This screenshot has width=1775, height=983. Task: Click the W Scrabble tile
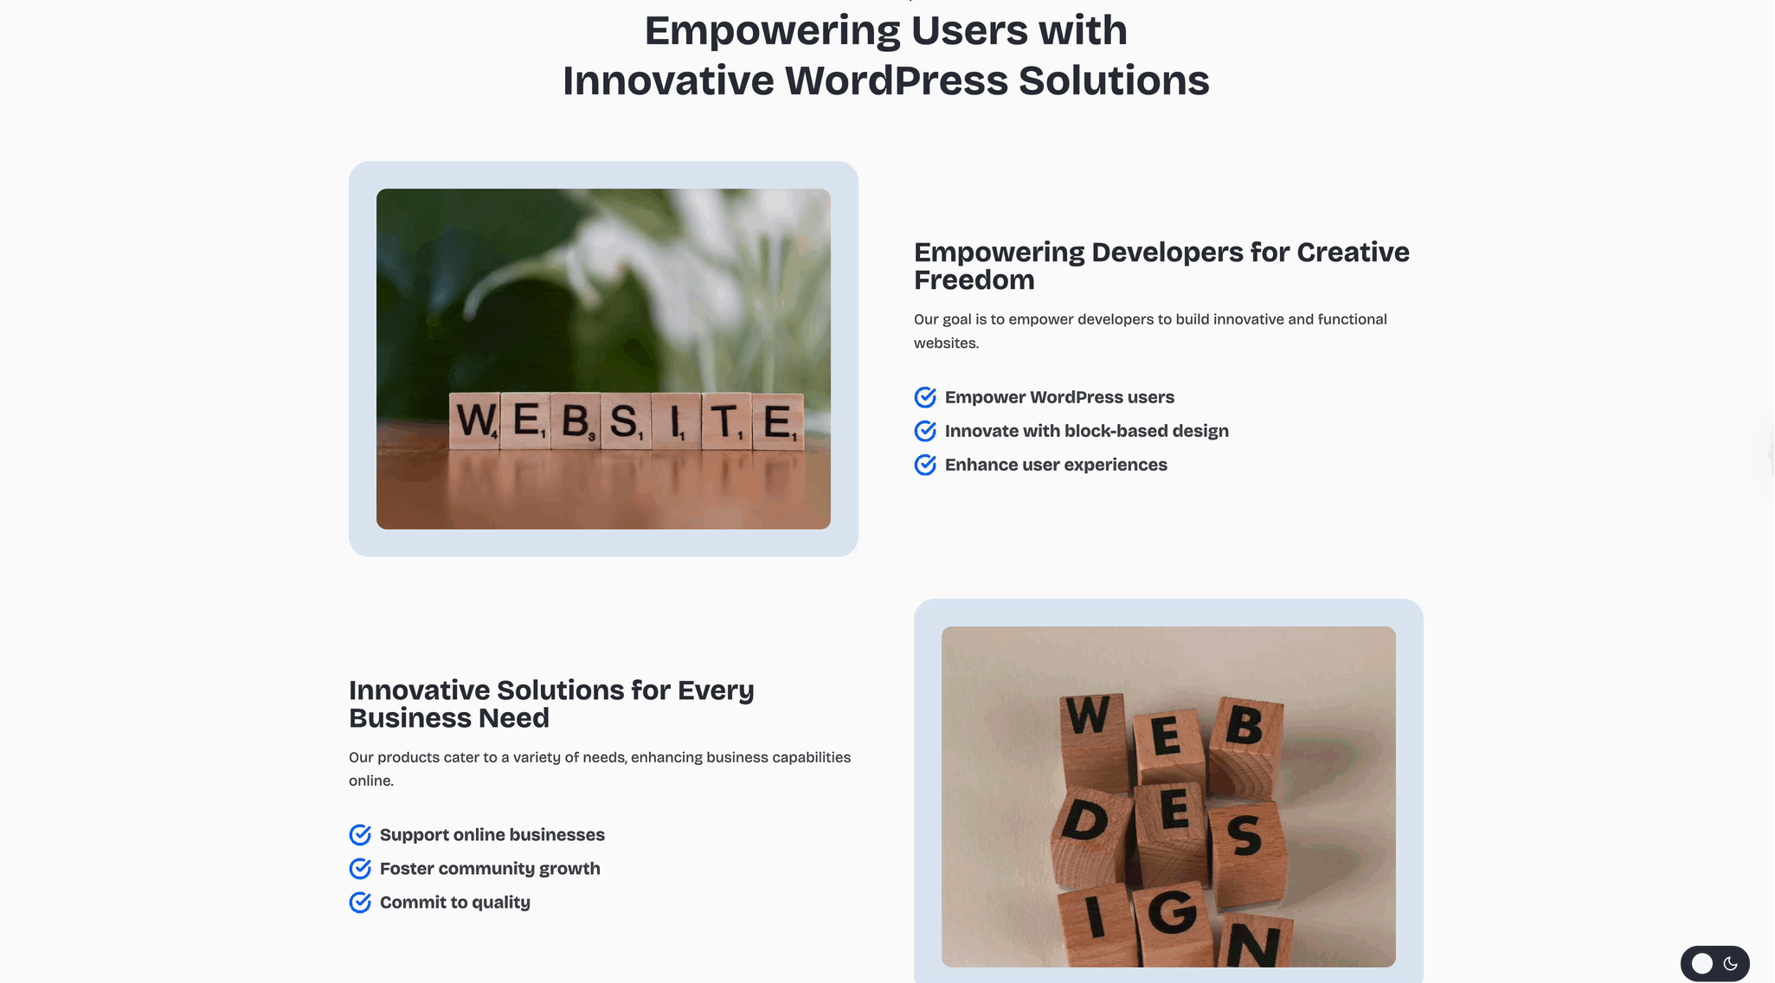tap(474, 421)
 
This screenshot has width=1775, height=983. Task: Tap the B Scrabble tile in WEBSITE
tap(576, 421)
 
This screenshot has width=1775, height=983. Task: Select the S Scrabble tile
tap(625, 422)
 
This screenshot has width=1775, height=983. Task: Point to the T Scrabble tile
tap(725, 422)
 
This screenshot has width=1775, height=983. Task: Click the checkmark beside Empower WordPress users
tap(925, 397)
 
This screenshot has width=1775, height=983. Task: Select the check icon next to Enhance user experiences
tap(925, 465)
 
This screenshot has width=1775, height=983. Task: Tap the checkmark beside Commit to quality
tap(360, 903)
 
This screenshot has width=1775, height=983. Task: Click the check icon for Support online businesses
tap(360, 835)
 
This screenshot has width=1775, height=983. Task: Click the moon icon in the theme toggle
tap(1731, 964)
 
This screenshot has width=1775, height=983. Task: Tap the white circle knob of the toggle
tap(1702, 964)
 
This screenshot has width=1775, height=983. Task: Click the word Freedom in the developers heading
tap(974, 280)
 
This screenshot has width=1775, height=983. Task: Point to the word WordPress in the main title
tap(896, 80)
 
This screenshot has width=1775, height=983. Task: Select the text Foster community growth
tap(490, 869)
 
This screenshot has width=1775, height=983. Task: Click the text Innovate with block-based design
tap(1087, 431)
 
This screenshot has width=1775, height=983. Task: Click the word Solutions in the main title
tap(1114, 80)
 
